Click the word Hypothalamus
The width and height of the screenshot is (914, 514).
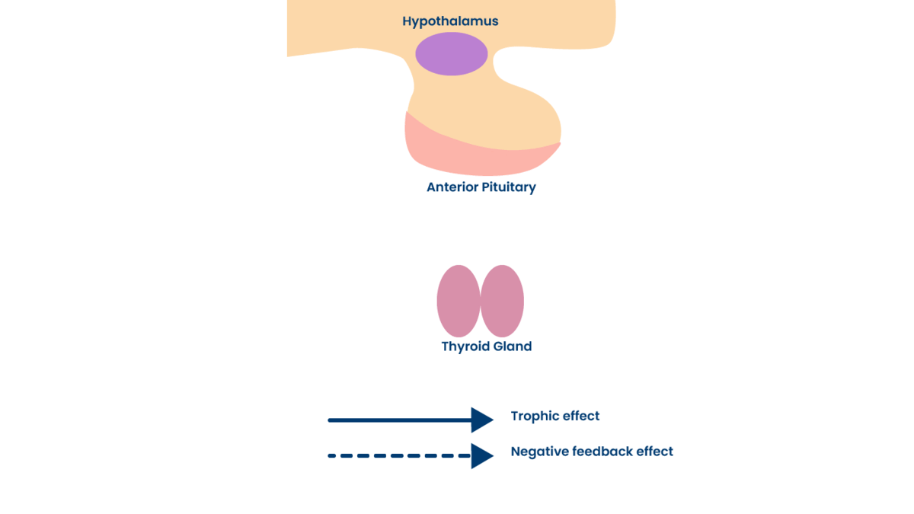pyautogui.click(x=450, y=21)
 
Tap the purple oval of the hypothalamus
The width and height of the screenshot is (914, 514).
pyautogui.click(x=451, y=54)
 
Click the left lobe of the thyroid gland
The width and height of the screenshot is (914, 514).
pyautogui.click(x=459, y=301)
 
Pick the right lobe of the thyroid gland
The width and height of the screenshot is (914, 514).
pyautogui.click(x=503, y=301)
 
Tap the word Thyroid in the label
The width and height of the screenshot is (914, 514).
pyautogui.click(x=464, y=346)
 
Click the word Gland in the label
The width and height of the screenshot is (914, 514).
pyautogui.click(x=511, y=346)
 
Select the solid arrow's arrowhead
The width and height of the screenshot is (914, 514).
pyautogui.click(x=482, y=420)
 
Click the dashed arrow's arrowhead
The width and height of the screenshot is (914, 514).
pyautogui.click(x=482, y=456)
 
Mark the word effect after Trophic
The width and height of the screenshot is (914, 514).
pyautogui.click(x=582, y=417)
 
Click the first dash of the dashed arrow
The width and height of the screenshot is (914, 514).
pyautogui.click(x=332, y=456)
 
